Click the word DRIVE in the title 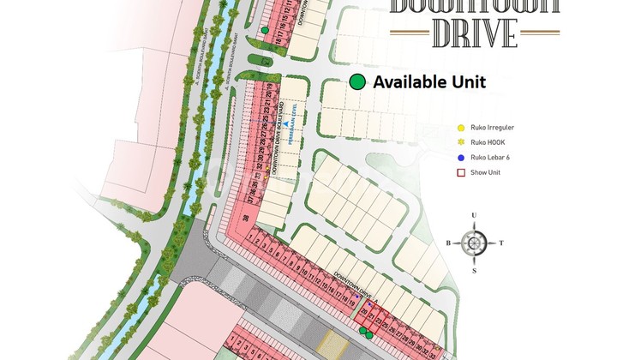(475, 32)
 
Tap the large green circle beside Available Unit (357, 82)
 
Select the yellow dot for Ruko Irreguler (461, 129)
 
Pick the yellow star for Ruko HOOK (461, 143)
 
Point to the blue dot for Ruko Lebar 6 (461, 159)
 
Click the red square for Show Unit (461, 173)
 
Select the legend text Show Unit (489, 173)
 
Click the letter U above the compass (473, 216)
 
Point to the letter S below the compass (474, 270)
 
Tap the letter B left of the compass (447, 243)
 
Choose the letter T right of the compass (501, 243)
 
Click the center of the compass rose (474, 243)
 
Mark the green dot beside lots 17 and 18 (266, 31)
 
